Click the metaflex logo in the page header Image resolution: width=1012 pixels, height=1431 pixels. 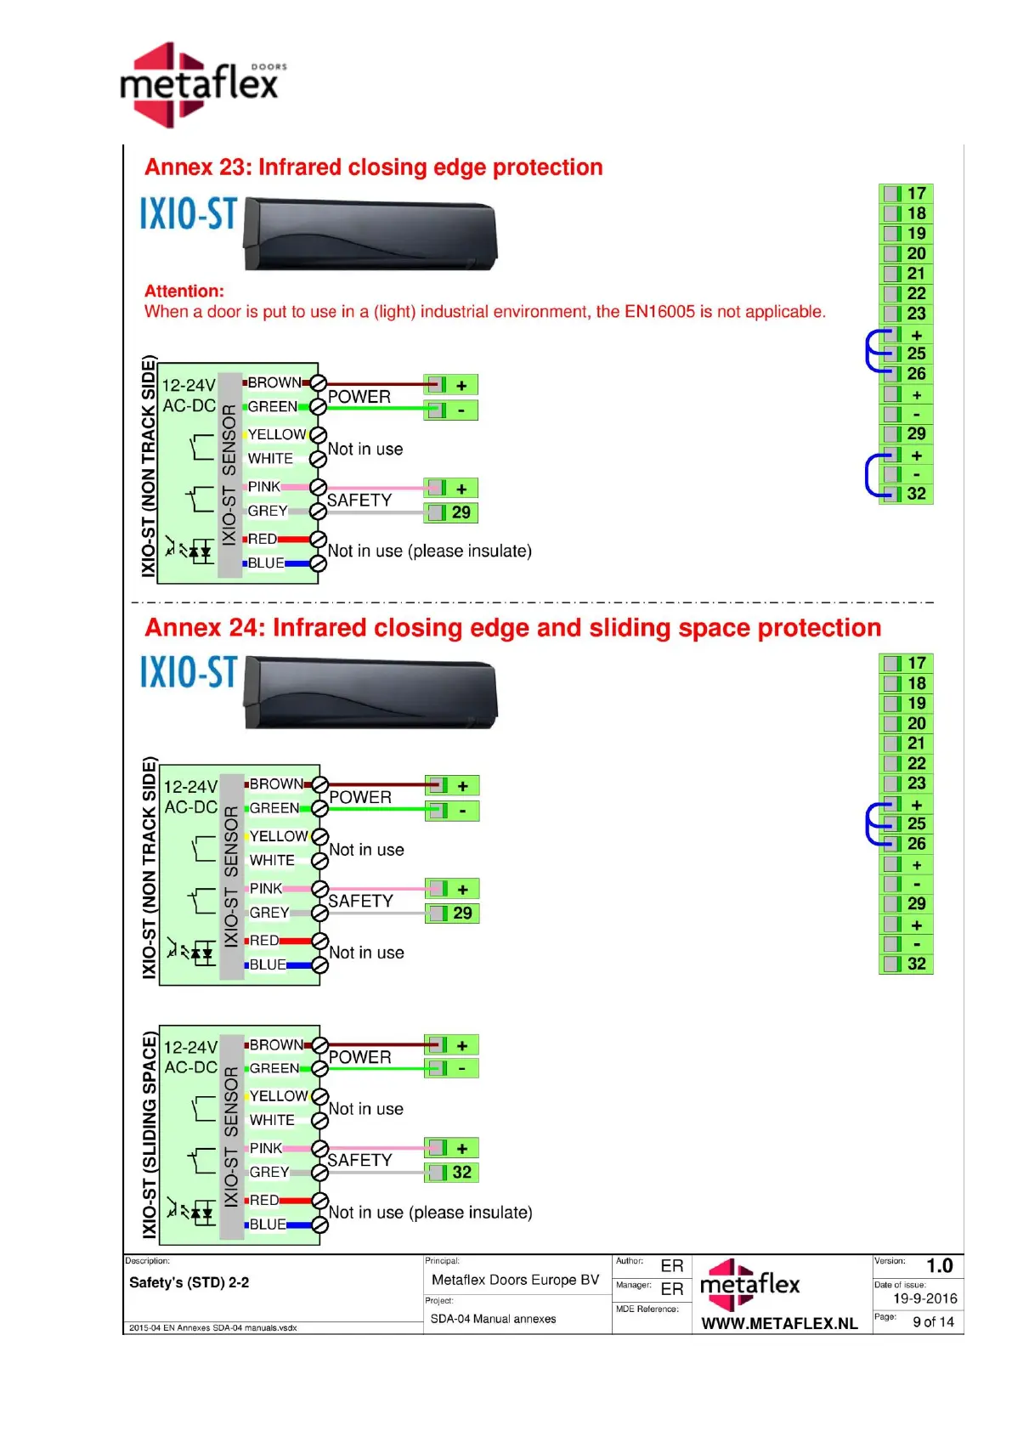pyautogui.click(x=202, y=85)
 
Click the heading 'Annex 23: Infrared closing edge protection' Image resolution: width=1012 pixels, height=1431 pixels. pyautogui.click(x=373, y=167)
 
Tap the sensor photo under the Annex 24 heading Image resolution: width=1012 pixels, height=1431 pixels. pyautogui.click(x=370, y=692)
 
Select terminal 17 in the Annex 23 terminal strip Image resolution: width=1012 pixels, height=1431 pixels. pyautogui.click(x=906, y=194)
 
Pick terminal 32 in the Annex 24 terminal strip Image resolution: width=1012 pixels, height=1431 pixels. pyautogui.click(x=906, y=964)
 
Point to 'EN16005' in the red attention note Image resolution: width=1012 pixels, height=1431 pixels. pyautogui.click(x=659, y=312)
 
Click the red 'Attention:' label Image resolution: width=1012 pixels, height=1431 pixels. pyautogui.click(x=184, y=291)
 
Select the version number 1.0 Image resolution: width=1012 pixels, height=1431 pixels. pyautogui.click(x=939, y=1266)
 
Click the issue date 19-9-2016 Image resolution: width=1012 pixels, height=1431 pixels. pyautogui.click(x=924, y=1298)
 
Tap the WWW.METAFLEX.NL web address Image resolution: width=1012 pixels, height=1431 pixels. pyautogui.click(x=779, y=1323)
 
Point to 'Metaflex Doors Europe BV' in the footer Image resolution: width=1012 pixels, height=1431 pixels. pyautogui.click(x=515, y=1280)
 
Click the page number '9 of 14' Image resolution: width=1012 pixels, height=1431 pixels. pyautogui.click(x=933, y=1322)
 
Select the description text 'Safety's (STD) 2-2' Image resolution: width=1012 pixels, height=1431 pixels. pyautogui.click(x=189, y=1282)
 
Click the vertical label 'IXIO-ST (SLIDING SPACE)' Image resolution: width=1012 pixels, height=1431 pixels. pyautogui.click(x=150, y=1134)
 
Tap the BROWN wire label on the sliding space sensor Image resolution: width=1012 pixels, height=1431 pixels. pyautogui.click(x=276, y=1044)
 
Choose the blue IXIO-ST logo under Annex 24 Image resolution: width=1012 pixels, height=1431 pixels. pyautogui.click(x=189, y=672)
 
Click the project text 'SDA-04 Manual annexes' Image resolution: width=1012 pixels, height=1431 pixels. pyautogui.click(x=493, y=1319)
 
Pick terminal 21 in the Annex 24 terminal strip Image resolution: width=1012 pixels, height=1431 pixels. pyautogui.click(x=906, y=744)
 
